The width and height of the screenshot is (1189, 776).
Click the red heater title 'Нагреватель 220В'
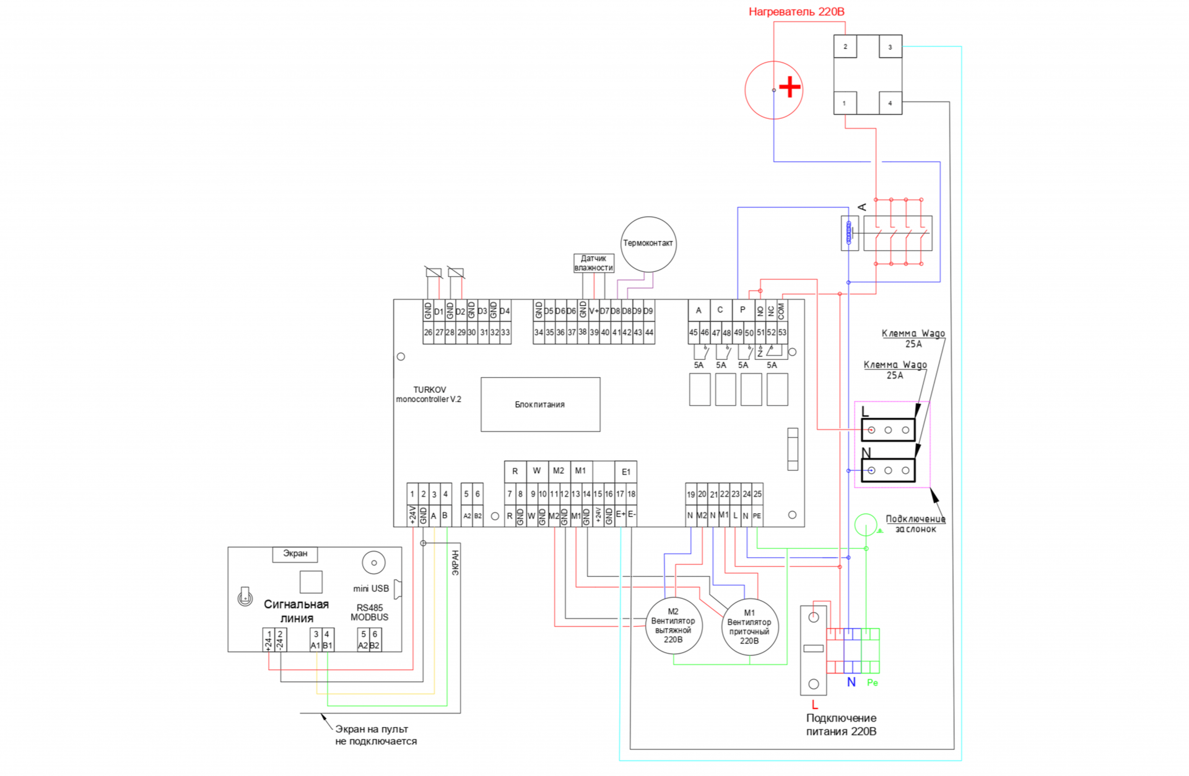(796, 12)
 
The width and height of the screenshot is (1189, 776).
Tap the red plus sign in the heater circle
(790, 87)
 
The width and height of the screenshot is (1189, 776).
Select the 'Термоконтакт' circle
(648, 243)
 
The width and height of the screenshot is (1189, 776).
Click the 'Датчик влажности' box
(593, 263)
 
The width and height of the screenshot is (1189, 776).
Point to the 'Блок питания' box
(540, 404)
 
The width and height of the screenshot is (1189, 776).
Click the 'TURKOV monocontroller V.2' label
(429, 395)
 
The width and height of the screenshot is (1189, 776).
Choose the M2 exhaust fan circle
(673, 626)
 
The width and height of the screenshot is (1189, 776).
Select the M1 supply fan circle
(749, 627)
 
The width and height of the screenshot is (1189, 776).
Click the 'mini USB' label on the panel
(371, 588)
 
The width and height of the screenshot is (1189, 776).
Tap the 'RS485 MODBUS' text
(370, 613)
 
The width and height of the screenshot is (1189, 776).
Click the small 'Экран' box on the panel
(295, 554)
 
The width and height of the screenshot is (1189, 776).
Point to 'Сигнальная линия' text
(296, 611)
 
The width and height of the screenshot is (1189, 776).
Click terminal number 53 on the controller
(782, 333)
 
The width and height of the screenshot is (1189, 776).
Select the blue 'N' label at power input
(851, 682)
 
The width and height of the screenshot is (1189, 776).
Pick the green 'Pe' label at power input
(873, 682)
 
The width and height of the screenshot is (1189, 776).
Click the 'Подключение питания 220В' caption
(841, 725)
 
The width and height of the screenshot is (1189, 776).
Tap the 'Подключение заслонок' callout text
(915, 524)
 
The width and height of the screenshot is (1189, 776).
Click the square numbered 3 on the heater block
(890, 47)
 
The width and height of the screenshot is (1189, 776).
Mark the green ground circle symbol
(865, 525)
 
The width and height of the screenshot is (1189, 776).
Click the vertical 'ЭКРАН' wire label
(455, 563)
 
